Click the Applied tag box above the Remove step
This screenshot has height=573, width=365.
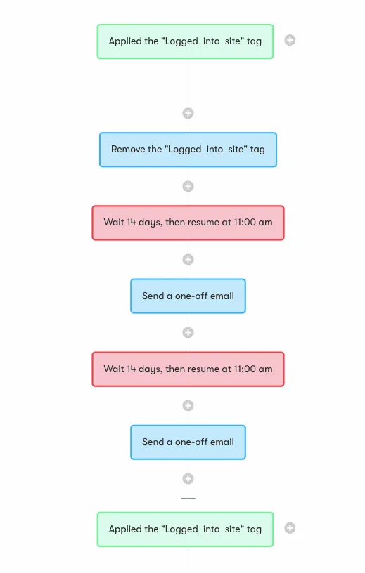click(185, 41)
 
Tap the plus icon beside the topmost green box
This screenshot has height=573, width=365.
click(290, 40)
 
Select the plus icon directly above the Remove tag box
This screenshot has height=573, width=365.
click(188, 113)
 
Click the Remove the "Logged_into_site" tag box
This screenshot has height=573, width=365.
click(188, 150)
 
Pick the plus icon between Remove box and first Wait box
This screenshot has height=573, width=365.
click(188, 186)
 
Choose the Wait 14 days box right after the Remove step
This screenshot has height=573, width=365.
click(188, 223)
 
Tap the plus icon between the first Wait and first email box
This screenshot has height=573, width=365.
click(188, 259)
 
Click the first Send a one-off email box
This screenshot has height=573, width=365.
click(188, 296)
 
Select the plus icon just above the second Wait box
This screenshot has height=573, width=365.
click(188, 333)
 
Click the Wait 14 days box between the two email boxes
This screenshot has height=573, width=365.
click(188, 369)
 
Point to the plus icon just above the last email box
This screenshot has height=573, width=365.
click(188, 406)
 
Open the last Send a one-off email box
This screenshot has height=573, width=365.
click(188, 442)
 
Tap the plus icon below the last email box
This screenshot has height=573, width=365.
click(188, 479)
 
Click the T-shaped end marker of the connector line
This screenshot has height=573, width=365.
click(188, 498)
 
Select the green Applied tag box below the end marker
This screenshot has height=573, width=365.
click(185, 529)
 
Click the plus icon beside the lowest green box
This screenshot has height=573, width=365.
click(290, 528)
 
